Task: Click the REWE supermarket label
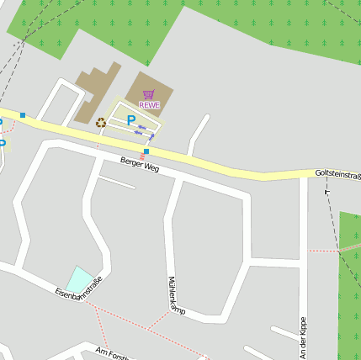coord(149,104)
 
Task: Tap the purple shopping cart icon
coord(149,94)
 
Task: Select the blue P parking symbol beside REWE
coord(130,121)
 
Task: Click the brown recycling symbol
coord(101,123)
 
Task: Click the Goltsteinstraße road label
coord(337,174)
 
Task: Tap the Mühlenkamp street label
coord(176,297)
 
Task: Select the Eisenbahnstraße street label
coord(78,288)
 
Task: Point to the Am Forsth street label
coord(112,353)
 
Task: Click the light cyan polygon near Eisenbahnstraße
coord(80,279)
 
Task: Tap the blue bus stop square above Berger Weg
coord(146,151)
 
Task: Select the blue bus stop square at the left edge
coord(23,115)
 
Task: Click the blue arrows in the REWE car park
coord(145,130)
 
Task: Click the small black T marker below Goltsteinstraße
coord(327,193)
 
